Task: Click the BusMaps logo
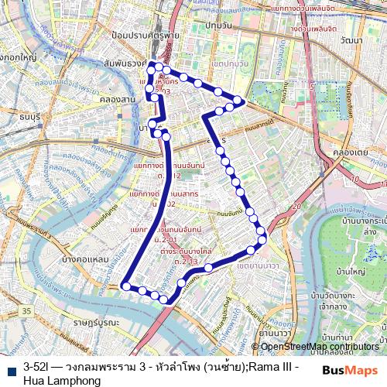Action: click(350, 370)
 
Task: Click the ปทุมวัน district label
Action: click(219, 26)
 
